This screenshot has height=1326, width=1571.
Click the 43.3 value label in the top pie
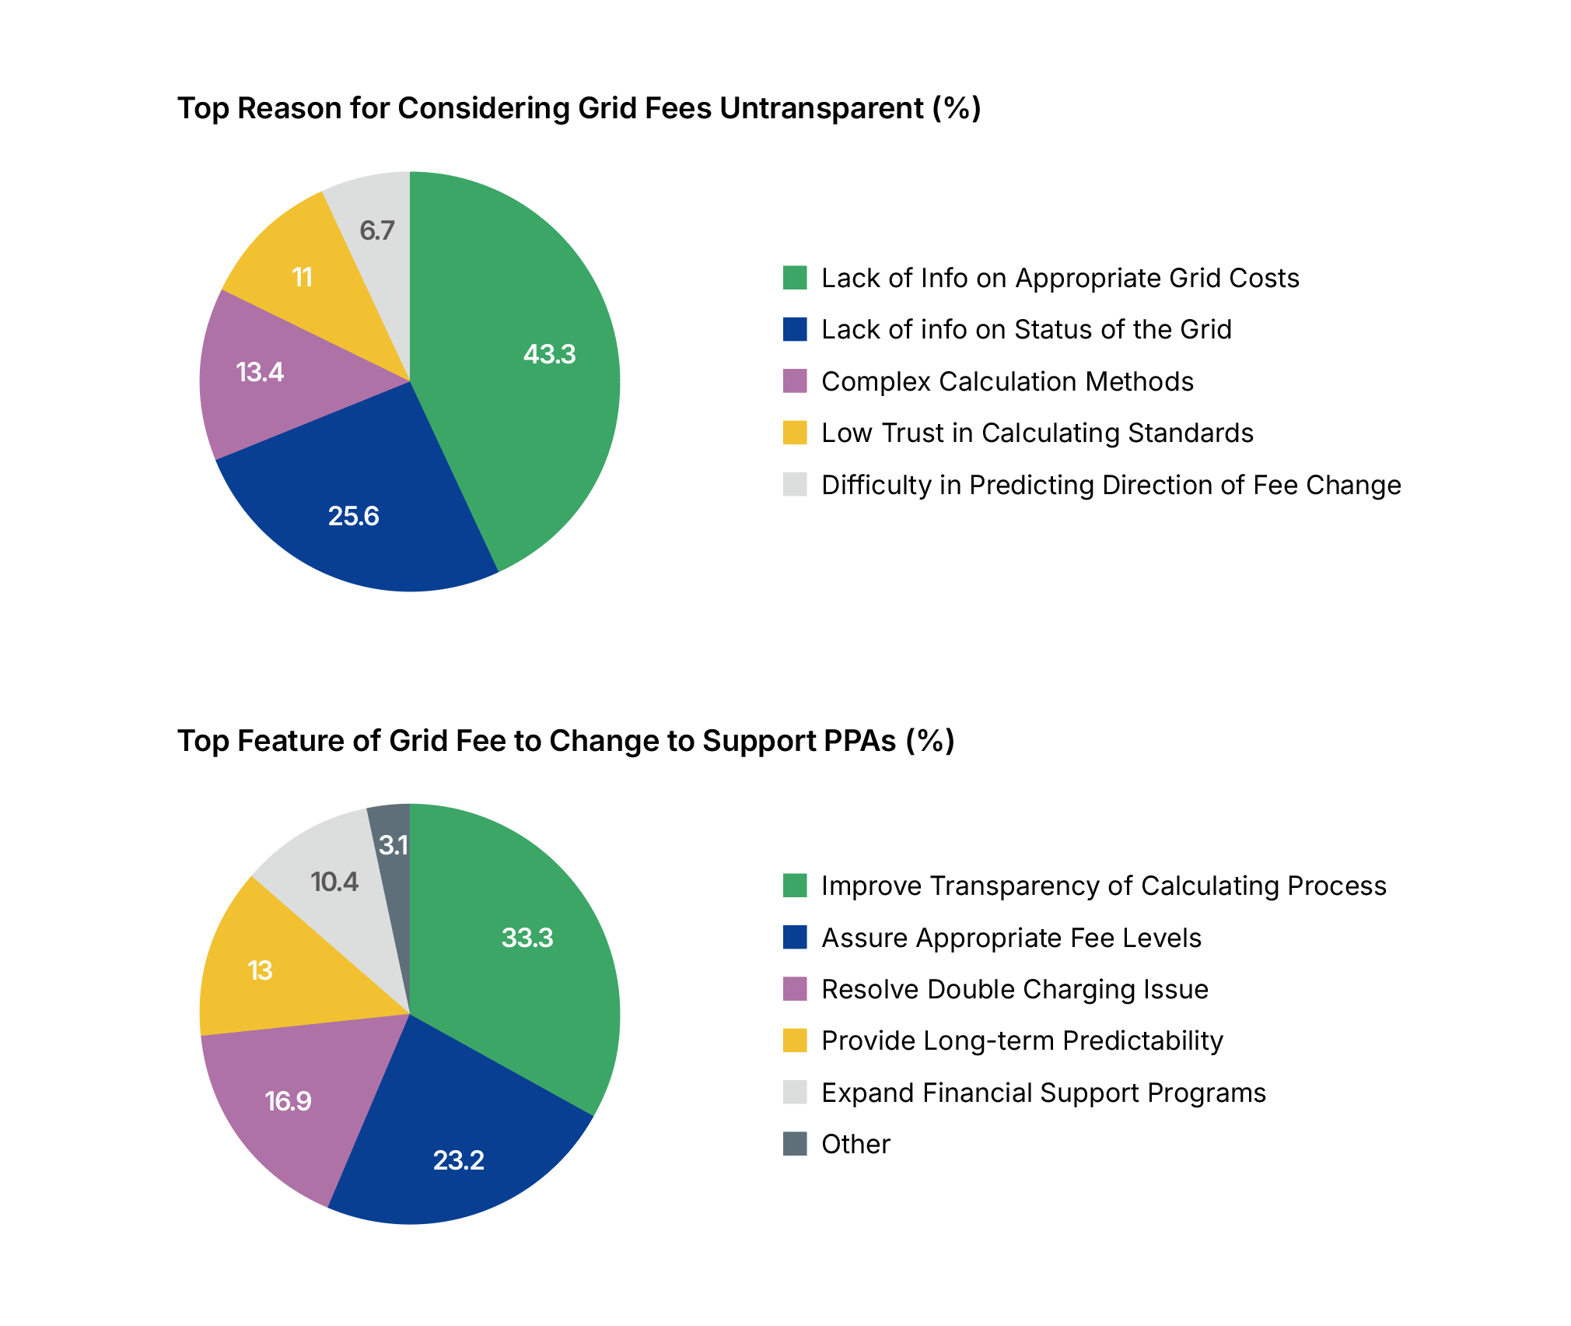(x=549, y=354)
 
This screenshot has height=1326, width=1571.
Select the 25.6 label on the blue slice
(x=353, y=516)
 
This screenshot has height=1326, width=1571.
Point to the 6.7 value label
(x=377, y=230)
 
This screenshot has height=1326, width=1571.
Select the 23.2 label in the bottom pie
(x=458, y=1160)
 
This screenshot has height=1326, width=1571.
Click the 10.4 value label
(x=334, y=882)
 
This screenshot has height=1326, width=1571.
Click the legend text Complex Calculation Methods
(x=1007, y=381)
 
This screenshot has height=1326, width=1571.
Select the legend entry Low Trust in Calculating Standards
(x=1037, y=433)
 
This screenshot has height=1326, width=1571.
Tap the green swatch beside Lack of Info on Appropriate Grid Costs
(x=795, y=278)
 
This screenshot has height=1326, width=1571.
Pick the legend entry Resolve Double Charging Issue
(x=1014, y=989)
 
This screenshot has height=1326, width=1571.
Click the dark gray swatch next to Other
(x=795, y=1144)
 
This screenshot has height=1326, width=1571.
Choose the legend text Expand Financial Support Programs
(x=1043, y=1093)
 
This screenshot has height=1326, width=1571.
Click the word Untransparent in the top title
(x=821, y=108)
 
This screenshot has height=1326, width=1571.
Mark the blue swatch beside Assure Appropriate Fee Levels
(x=795, y=938)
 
